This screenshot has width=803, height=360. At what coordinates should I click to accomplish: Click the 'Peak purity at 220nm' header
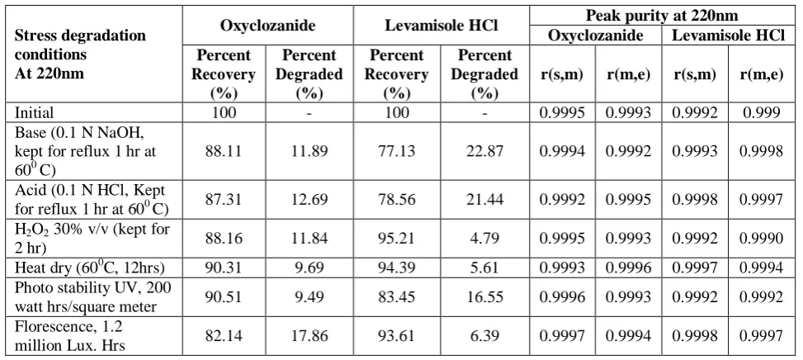tap(662, 16)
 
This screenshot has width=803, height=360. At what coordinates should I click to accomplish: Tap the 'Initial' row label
tap(34, 112)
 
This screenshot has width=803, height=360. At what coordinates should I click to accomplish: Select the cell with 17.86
tap(309, 336)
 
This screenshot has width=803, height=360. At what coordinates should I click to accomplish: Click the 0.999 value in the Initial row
tap(762, 112)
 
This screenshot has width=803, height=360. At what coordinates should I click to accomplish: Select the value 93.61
tap(397, 336)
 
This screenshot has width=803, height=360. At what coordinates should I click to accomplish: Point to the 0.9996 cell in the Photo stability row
tap(562, 296)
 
